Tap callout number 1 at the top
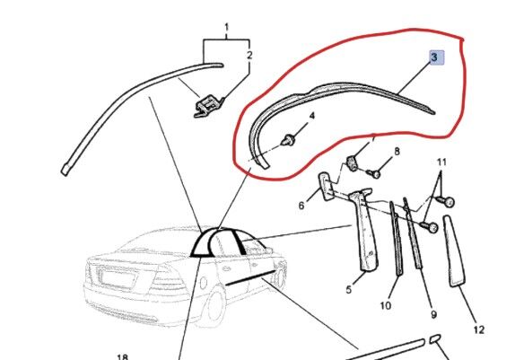226,27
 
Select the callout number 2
249,55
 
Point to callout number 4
311,116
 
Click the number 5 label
349,290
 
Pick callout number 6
301,206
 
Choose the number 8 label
397,152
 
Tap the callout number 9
434,314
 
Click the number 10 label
386,305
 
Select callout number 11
442,162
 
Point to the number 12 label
479,329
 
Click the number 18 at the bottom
122,356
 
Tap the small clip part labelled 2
208,104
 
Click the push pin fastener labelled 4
288,140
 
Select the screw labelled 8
374,173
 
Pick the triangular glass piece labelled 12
454,251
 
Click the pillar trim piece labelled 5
365,230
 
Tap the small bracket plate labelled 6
326,187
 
